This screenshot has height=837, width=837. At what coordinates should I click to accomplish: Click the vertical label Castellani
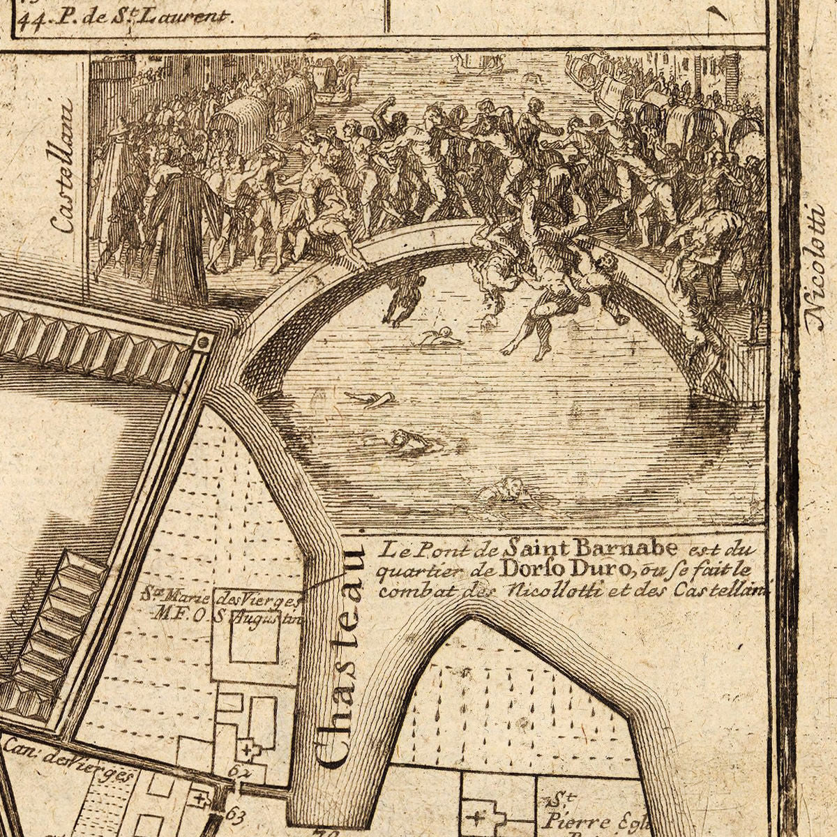[x=63, y=167]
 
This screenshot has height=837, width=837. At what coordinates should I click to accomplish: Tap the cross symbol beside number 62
[x=246, y=751]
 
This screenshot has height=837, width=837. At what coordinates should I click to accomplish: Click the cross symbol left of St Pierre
[x=478, y=817]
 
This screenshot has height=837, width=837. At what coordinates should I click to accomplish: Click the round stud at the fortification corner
[x=203, y=342]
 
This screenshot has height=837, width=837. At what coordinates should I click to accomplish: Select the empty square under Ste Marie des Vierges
[x=254, y=639]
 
